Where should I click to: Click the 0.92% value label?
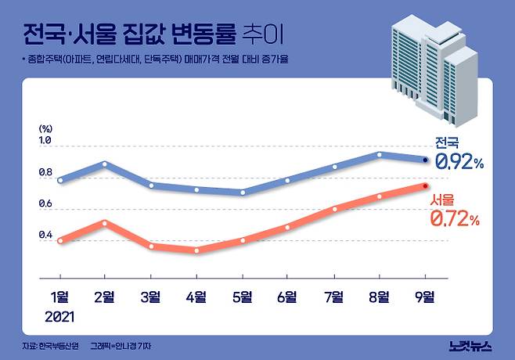tap(460, 162)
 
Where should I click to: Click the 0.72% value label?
tap(455, 220)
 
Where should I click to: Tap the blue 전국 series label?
tap(448, 142)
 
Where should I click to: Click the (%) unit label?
tap(45, 128)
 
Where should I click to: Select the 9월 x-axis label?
tap(425, 296)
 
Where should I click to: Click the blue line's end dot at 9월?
tap(425, 159)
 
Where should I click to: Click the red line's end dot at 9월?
tap(425, 185)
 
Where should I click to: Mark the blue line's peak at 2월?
tap(106, 164)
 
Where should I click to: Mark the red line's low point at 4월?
tap(196, 250)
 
